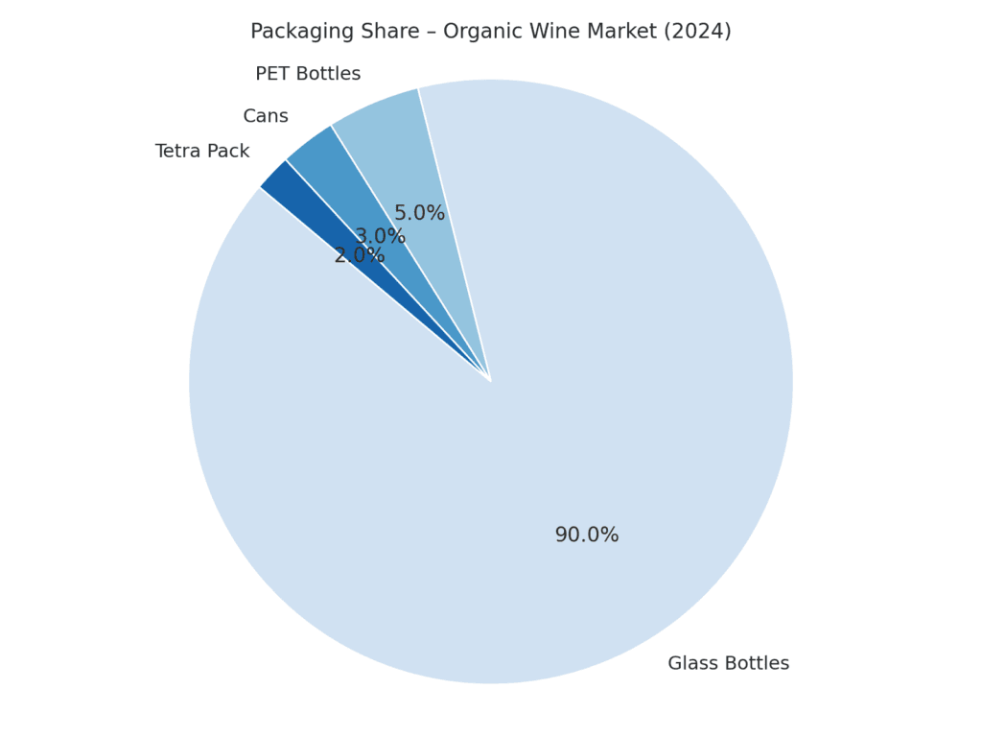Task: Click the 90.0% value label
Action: [x=587, y=535]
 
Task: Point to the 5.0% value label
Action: [x=419, y=214]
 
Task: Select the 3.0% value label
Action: [x=380, y=236]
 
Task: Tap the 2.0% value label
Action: [x=359, y=256]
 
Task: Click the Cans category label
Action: [x=266, y=116]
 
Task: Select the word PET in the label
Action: [x=272, y=74]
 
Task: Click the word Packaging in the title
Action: [x=301, y=32]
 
